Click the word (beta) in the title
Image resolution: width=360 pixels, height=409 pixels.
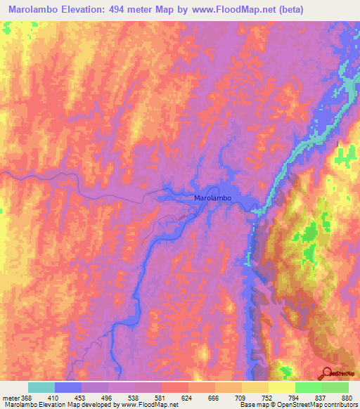[x=330, y=10]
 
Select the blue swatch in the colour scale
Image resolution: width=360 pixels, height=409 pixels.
[x=68, y=387]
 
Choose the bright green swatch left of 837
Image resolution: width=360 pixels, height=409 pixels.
[x=308, y=387]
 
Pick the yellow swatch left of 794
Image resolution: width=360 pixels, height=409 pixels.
[x=281, y=387]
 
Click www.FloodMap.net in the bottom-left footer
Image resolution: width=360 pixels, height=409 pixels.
[x=144, y=405]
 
